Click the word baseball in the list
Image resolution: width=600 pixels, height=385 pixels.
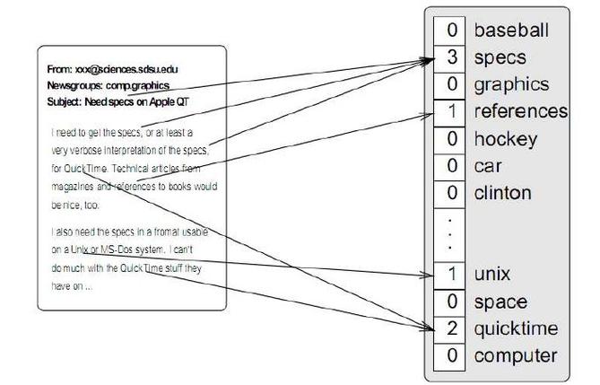tap(510, 31)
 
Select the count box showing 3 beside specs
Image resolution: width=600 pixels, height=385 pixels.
tap(452, 57)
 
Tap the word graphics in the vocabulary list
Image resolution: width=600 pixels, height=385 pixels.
tap(511, 84)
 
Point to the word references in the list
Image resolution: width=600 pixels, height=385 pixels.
tap(520, 111)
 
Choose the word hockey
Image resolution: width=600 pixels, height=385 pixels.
tap(505, 139)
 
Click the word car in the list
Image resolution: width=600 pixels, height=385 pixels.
tap(488, 166)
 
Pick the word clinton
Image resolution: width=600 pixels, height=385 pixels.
tap(502, 193)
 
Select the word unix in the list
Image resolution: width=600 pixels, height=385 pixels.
tap(492, 274)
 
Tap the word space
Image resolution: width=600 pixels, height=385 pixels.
tap(500, 302)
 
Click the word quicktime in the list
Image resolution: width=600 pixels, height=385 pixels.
tap(516, 328)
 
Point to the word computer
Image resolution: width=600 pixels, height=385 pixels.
tap(515, 355)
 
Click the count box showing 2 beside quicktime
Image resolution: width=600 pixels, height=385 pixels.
tap(452, 328)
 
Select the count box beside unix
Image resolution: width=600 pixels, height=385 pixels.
tap(452, 274)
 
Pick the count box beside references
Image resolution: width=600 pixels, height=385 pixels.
tap(452, 111)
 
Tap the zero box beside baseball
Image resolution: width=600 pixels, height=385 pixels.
tap(452, 31)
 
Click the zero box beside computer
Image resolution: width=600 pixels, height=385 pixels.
tap(452, 355)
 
